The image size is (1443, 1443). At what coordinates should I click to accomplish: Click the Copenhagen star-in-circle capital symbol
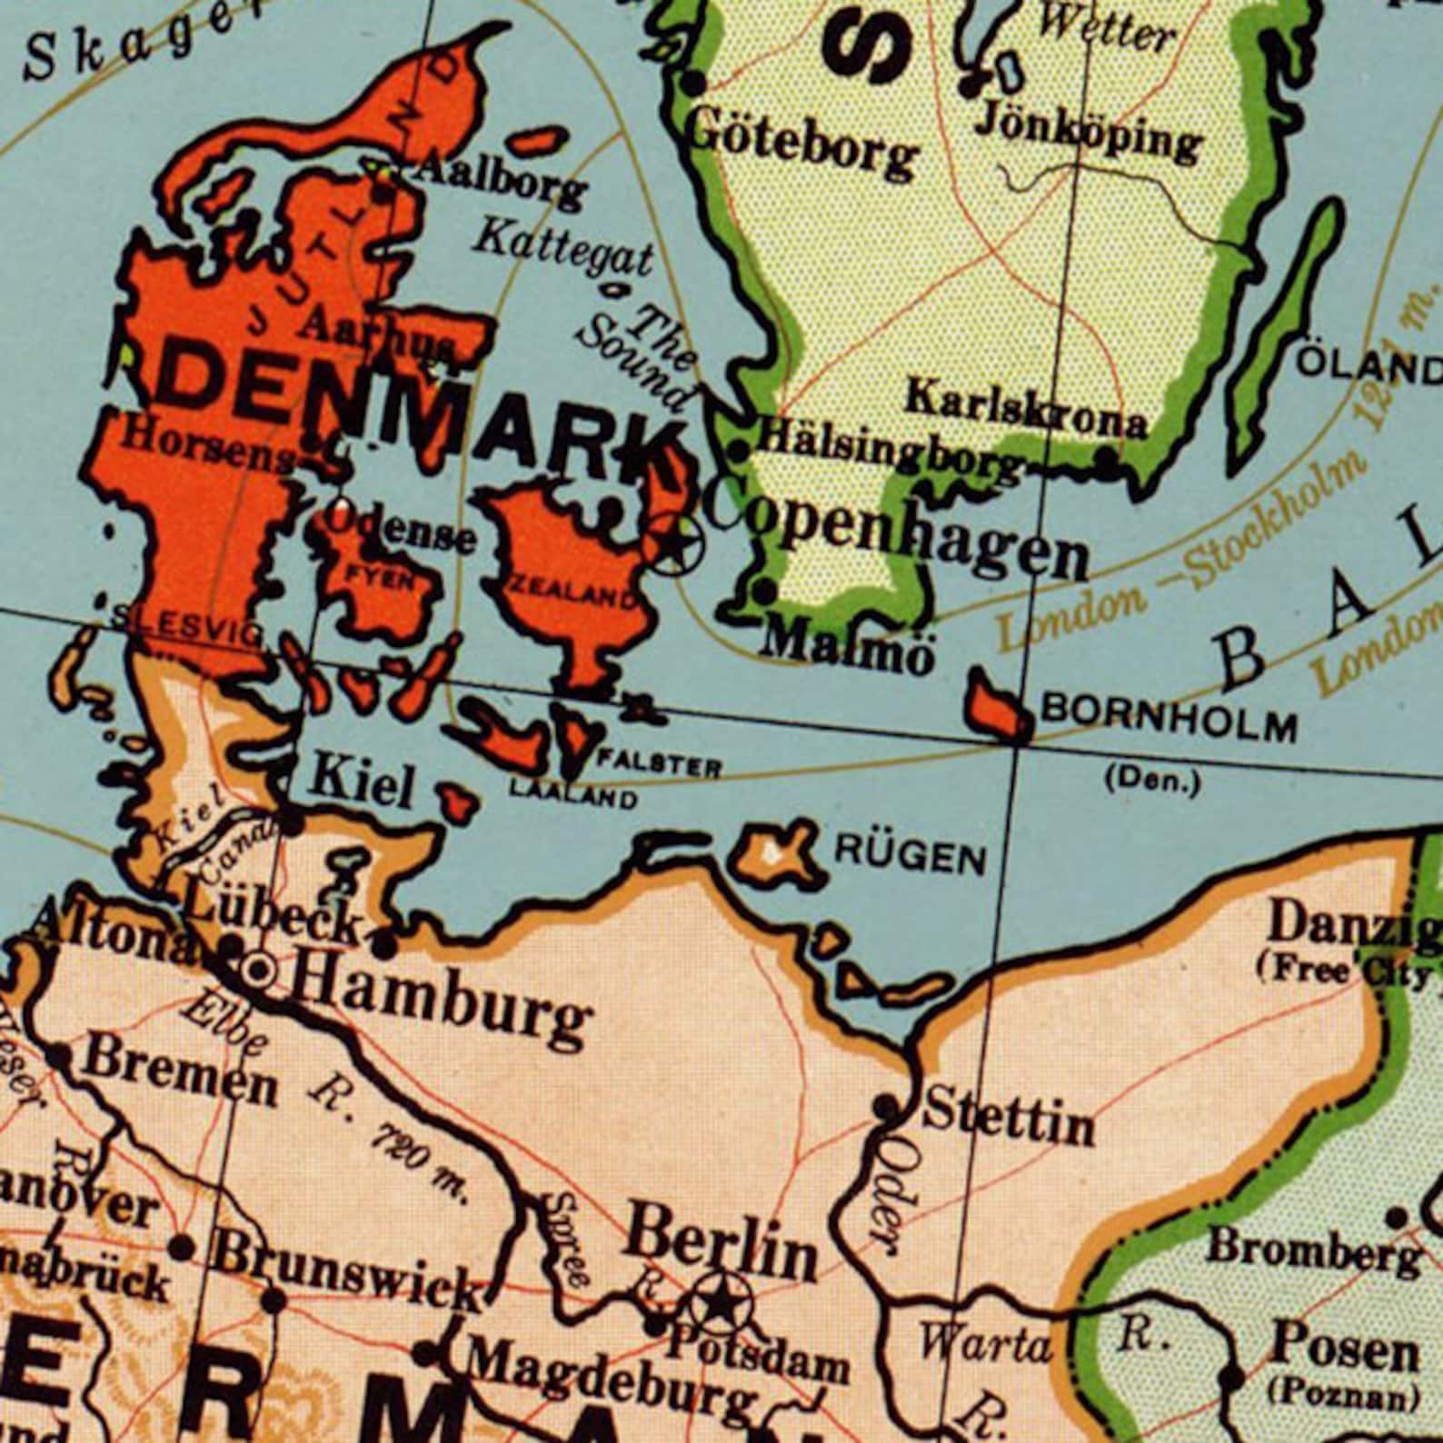tap(674, 543)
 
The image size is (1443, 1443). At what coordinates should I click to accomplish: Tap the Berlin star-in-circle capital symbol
tap(720, 1305)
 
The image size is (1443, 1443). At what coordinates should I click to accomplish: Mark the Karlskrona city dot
tap(1106, 463)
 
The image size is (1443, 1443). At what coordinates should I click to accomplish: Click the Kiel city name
tap(362, 783)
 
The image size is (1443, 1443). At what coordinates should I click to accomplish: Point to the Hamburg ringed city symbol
tap(259, 970)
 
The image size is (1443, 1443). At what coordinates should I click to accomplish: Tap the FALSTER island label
tap(660, 766)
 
